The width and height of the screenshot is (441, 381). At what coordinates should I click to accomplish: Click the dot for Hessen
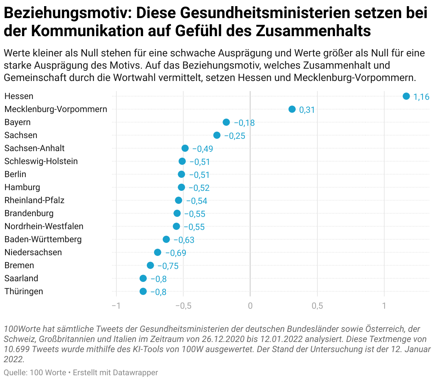(x=406, y=96)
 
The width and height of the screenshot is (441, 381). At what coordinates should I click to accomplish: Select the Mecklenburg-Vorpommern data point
(x=292, y=109)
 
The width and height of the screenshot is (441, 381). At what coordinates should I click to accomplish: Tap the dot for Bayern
(x=226, y=122)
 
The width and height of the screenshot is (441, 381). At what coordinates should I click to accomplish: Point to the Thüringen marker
(x=143, y=291)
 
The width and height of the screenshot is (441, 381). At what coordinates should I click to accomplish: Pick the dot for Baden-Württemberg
(x=166, y=239)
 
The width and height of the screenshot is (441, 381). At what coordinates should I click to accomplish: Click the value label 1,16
(x=421, y=97)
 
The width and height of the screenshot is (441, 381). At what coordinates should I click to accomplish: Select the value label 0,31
(x=307, y=110)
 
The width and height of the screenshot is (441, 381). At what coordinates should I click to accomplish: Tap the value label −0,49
(x=202, y=149)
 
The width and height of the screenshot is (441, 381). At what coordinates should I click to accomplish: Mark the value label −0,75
(x=168, y=266)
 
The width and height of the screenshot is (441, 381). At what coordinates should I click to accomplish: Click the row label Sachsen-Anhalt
(x=34, y=148)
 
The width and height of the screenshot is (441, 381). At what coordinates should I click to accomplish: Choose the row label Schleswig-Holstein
(x=41, y=161)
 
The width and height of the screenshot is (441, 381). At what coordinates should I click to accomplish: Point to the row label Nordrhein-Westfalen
(x=44, y=226)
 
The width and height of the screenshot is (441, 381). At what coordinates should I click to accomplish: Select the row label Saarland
(x=21, y=278)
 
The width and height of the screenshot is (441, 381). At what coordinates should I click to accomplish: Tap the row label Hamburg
(x=22, y=187)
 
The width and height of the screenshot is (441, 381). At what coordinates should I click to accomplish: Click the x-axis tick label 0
(x=250, y=306)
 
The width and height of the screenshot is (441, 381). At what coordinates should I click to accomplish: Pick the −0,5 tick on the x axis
(x=183, y=306)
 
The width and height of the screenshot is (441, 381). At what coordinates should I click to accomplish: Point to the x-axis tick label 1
(x=384, y=306)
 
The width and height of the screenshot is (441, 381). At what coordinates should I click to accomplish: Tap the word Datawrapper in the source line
(x=135, y=372)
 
